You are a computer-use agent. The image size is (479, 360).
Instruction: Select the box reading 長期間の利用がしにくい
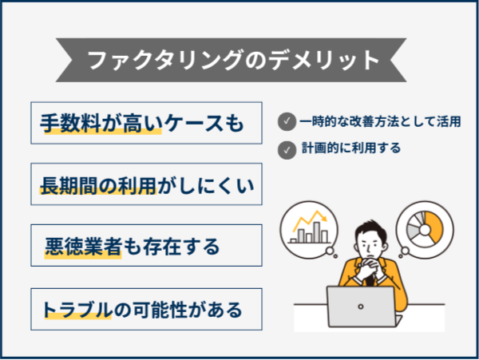pyautogui.click(x=146, y=184)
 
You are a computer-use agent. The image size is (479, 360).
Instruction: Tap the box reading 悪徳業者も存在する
pyautogui.click(x=146, y=246)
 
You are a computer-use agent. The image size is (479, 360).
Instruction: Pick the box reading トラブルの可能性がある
pyautogui.click(x=146, y=307)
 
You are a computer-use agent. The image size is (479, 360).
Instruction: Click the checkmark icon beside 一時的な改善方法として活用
pyautogui.click(x=285, y=121)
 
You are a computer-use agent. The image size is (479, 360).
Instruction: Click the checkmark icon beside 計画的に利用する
pyautogui.click(x=285, y=148)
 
